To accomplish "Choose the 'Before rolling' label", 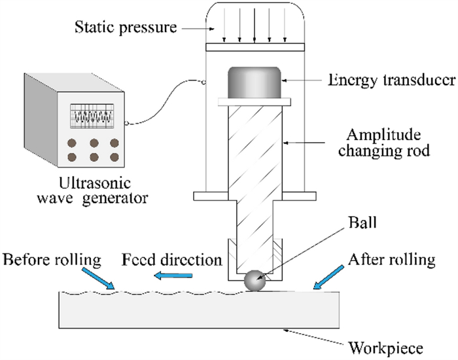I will (52, 260).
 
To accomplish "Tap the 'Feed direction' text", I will (172, 260).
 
